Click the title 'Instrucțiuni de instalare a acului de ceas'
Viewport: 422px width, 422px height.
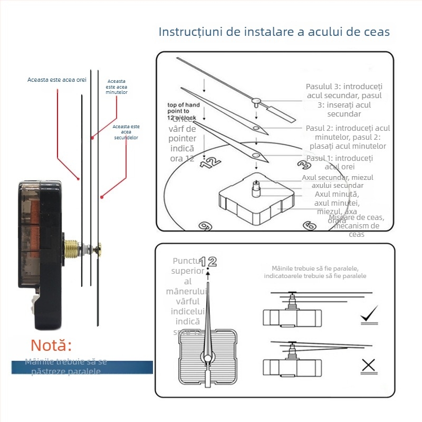[x=274, y=32]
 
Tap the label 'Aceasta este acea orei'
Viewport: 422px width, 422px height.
[x=56, y=80]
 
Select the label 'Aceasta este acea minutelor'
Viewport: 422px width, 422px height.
[x=117, y=87]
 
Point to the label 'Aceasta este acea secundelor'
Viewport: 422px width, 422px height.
[x=126, y=132]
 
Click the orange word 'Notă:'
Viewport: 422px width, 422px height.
[x=51, y=346]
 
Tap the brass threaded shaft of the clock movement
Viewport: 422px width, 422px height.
[x=72, y=248]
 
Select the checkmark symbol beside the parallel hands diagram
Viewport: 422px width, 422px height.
[x=369, y=315]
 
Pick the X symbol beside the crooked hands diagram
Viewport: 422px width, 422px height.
[x=368, y=365]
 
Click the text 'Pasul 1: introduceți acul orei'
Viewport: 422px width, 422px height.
[x=340, y=162]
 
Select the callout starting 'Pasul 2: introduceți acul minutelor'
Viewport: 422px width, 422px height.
[x=348, y=137]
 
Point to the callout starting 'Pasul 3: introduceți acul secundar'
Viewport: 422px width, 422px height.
[x=344, y=100]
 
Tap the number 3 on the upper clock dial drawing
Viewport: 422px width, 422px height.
[x=303, y=164]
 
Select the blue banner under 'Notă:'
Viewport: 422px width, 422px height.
[x=82, y=367]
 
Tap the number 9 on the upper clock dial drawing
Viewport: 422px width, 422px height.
[x=204, y=225]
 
